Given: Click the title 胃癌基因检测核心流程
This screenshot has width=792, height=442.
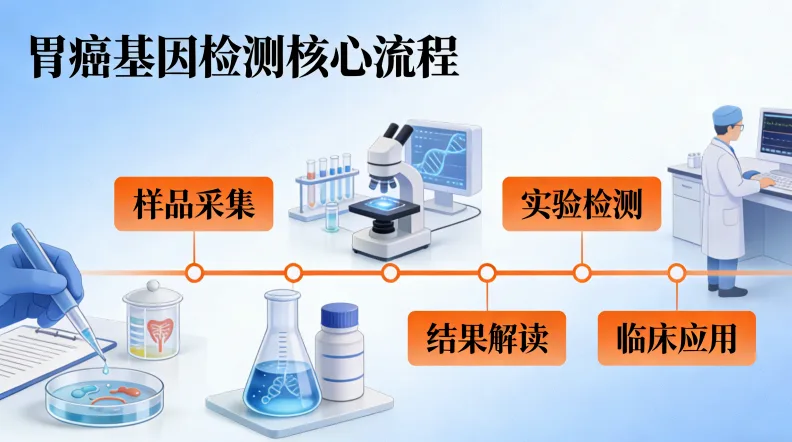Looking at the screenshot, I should point(241,58).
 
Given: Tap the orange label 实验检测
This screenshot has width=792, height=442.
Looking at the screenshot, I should point(581,204).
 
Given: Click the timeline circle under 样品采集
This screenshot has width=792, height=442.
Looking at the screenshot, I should point(195,271).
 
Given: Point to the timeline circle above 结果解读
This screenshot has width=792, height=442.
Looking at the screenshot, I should point(488,271).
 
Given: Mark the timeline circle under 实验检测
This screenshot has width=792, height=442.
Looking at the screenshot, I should point(581,271).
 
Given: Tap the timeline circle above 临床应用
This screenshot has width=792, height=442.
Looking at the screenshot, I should point(676,271).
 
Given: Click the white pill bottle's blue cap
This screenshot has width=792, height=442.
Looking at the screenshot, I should point(339,317).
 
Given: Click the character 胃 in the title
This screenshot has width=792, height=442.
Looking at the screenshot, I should point(44,58).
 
